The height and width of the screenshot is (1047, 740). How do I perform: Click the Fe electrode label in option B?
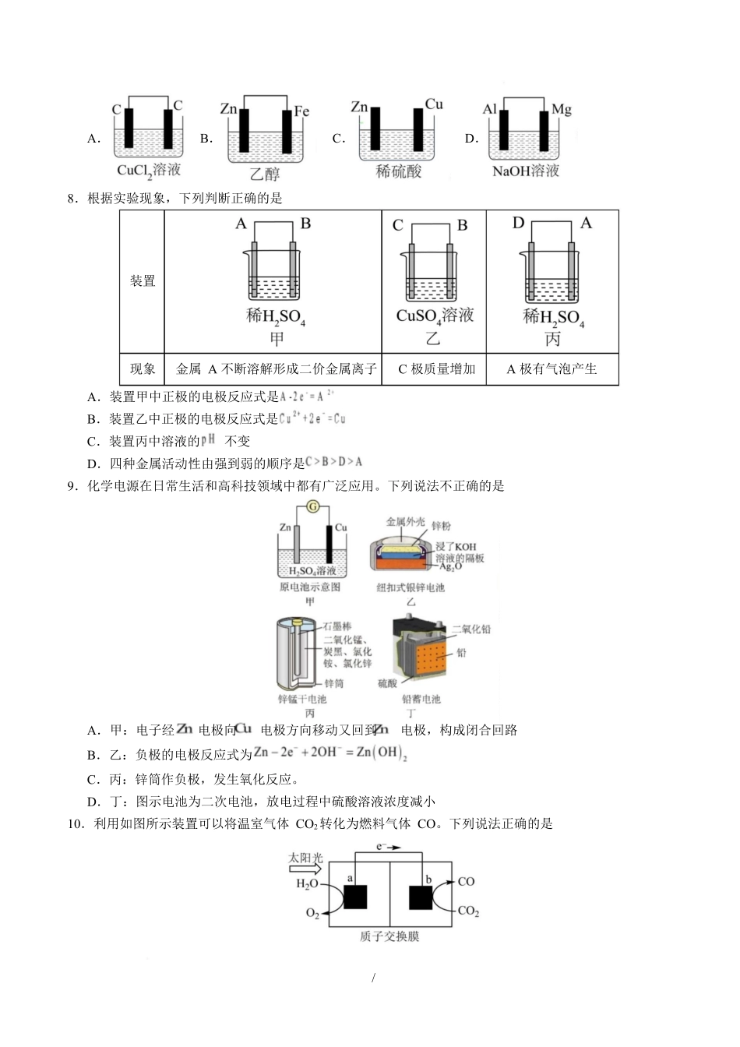301,111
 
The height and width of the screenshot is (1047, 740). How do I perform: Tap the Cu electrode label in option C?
434,104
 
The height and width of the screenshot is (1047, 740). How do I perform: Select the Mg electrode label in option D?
561,109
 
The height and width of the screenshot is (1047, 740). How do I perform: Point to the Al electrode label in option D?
489,109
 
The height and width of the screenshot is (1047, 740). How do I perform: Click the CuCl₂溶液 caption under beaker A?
149,170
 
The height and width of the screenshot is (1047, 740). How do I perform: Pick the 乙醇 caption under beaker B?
264,174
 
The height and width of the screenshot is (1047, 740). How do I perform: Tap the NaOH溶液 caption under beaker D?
526,171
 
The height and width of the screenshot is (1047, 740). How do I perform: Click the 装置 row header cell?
143,280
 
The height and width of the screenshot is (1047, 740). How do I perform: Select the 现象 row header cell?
143,369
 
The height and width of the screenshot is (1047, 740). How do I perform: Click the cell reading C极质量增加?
435,369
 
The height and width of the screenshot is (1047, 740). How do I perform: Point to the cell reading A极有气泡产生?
551,369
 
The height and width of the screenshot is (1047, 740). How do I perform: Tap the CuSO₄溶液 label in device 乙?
435,316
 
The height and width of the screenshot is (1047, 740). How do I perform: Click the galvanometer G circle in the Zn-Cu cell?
312,508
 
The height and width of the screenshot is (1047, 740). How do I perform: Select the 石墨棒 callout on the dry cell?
337,626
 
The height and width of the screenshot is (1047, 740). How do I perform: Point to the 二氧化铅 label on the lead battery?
471,629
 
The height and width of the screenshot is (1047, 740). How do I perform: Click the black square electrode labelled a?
354,898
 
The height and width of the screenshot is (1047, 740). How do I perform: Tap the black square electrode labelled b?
421,898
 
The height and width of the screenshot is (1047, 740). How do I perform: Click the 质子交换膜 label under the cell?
389,936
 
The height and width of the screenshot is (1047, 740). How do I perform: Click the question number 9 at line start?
72,486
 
